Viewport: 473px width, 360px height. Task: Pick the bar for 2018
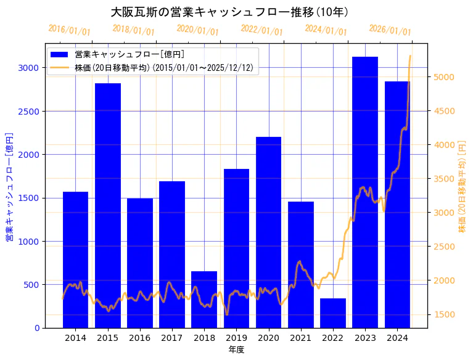pyautogui.click(x=204, y=300)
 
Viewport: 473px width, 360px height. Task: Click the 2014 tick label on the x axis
pyautogui.click(x=75, y=338)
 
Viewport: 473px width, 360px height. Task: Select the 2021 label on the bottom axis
pyautogui.click(x=301, y=338)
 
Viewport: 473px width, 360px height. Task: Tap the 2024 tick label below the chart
pyautogui.click(x=397, y=338)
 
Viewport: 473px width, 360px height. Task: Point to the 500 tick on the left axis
pyautogui.click(x=31, y=285)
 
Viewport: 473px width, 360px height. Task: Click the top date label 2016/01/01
pyautogui.click(x=69, y=30)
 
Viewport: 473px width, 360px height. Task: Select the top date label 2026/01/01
pyautogui.click(x=390, y=30)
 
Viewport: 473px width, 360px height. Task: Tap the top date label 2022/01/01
pyautogui.click(x=261, y=30)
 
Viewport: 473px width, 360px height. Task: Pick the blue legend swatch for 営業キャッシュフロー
pyautogui.click(x=60, y=54)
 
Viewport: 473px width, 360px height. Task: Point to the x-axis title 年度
pyautogui.click(x=236, y=350)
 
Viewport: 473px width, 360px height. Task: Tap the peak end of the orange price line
pyautogui.click(x=410, y=56)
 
